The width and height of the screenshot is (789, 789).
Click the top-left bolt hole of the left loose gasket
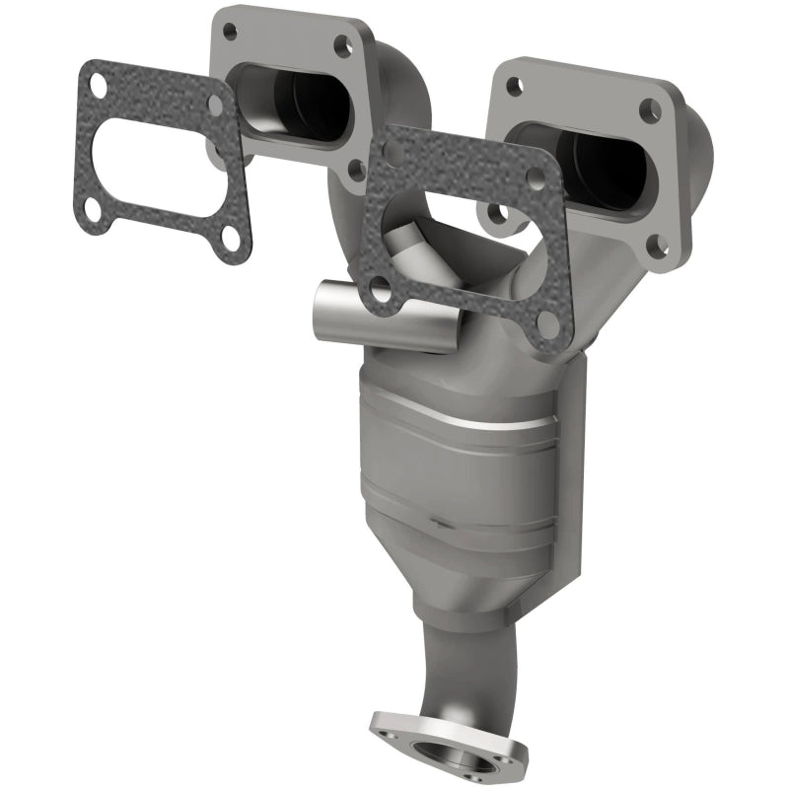point(96,82)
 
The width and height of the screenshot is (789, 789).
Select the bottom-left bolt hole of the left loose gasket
point(91,207)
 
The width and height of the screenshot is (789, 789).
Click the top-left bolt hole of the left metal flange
point(230,31)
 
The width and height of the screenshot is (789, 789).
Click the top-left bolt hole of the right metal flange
point(513,86)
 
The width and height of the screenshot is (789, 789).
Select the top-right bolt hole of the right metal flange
point(648,109)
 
